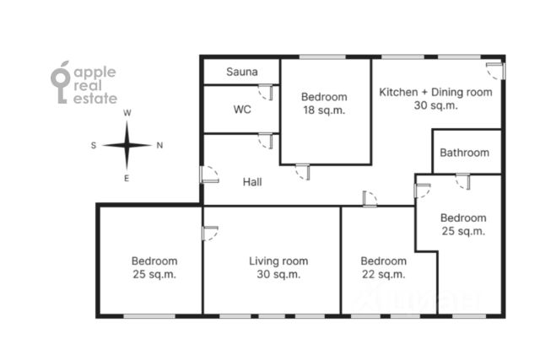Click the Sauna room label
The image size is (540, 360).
(242, 72)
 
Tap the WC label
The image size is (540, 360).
(242, 110)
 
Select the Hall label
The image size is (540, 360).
(252, 182)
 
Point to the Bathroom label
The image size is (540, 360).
(464, 153)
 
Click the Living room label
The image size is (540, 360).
(278, 261)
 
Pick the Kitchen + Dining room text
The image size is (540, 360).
(435, 92)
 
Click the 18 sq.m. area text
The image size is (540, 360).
(324, 110)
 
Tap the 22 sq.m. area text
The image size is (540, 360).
(383, 274)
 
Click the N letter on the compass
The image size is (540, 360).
(159, 145)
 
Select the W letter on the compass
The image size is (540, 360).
(127, 113)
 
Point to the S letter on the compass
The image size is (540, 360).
(94, 145)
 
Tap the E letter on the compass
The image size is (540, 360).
(127, 178)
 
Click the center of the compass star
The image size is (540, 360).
(127, 146)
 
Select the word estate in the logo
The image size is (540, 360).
(95, 99)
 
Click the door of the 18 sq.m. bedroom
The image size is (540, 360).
(303, 171)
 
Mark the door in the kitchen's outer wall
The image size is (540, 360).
(495, 71)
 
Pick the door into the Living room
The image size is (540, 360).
(210, 233)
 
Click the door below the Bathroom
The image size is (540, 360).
(463, 181)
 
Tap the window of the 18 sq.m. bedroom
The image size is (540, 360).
(322, 56)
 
